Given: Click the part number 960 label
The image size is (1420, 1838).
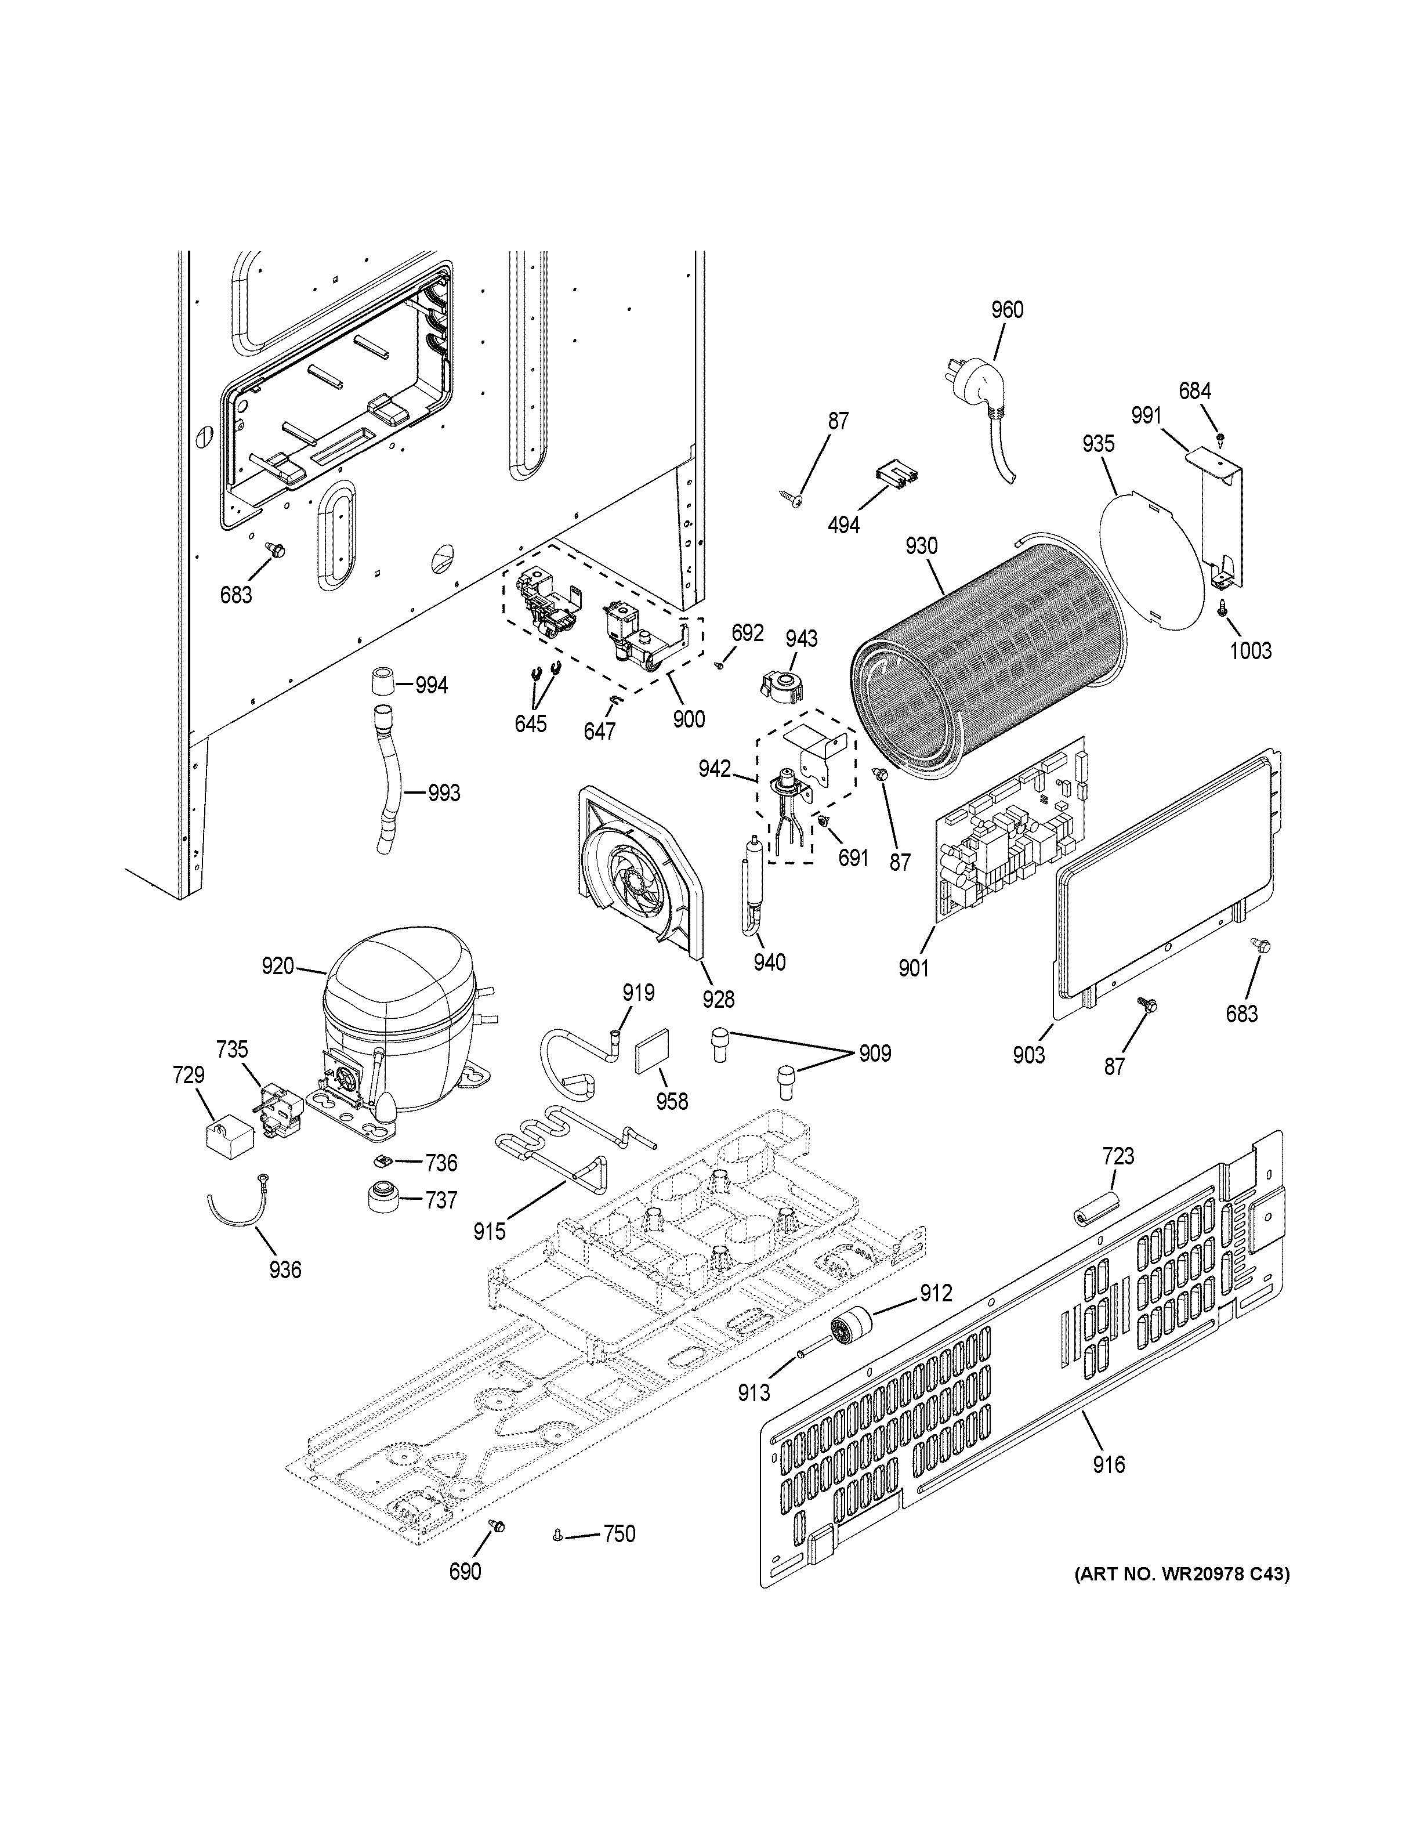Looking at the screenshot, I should pyautogui.click(x=1007, y=310).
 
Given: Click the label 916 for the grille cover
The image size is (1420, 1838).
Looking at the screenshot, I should pyautogui.click(x=1109, y=1465).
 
